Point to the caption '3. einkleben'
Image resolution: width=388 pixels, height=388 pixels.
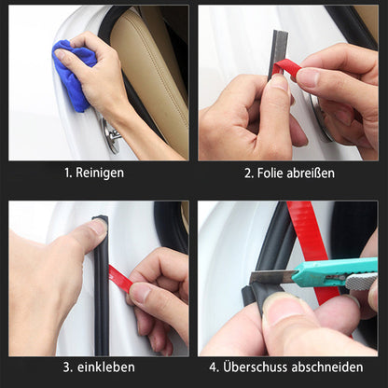[97, 367]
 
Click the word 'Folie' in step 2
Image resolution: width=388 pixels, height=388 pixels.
[272, 173]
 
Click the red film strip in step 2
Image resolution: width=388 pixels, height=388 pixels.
[290, 70]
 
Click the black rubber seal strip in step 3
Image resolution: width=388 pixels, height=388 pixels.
[101, 298]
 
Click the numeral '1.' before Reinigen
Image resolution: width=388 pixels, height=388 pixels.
[68, 173]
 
